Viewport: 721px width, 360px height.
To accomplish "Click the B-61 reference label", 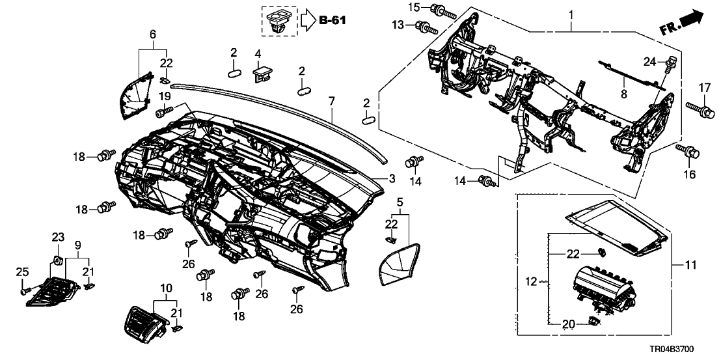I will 332,20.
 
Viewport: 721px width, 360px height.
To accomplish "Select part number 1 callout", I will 571,14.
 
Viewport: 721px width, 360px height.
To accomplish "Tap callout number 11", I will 690,265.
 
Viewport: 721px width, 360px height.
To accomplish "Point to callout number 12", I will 533,281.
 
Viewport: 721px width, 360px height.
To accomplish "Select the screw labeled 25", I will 25,291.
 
